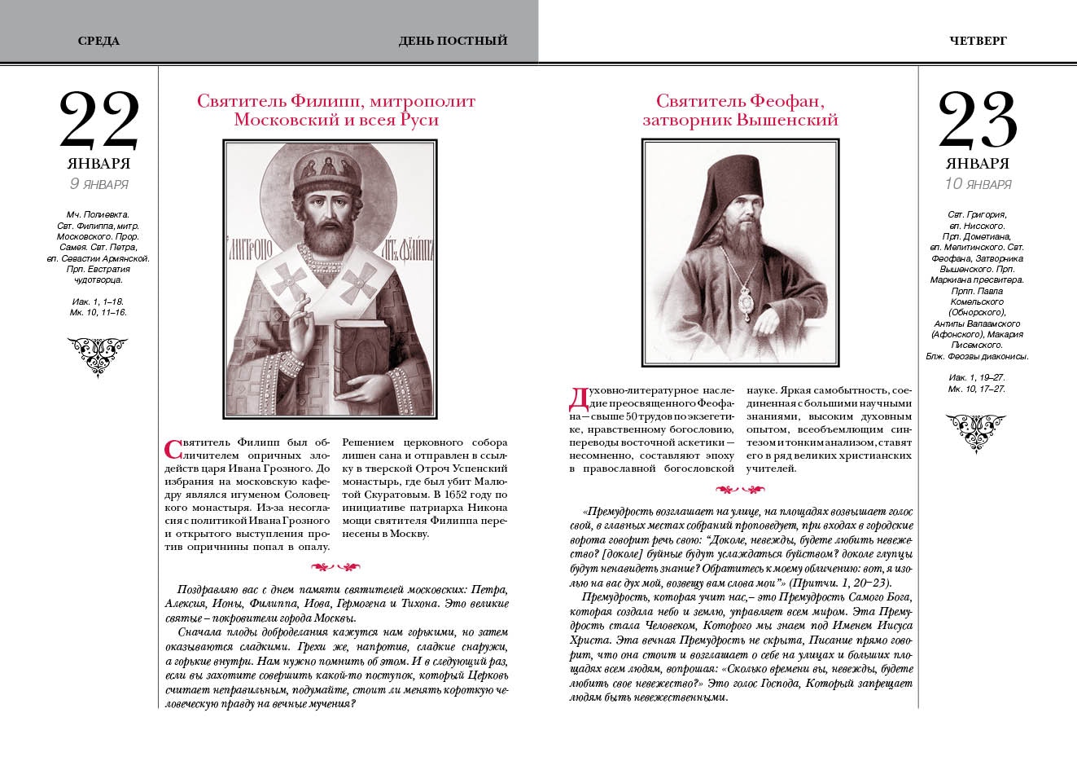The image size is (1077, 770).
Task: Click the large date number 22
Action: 99,120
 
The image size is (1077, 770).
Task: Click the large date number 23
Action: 978,120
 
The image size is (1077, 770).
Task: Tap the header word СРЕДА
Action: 99,41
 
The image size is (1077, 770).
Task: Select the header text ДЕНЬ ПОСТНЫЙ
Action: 453,41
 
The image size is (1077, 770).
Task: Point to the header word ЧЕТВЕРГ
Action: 978,41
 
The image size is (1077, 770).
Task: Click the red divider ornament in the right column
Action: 740,490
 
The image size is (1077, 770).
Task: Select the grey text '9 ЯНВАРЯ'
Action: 99,184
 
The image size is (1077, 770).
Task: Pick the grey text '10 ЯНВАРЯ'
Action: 978,184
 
